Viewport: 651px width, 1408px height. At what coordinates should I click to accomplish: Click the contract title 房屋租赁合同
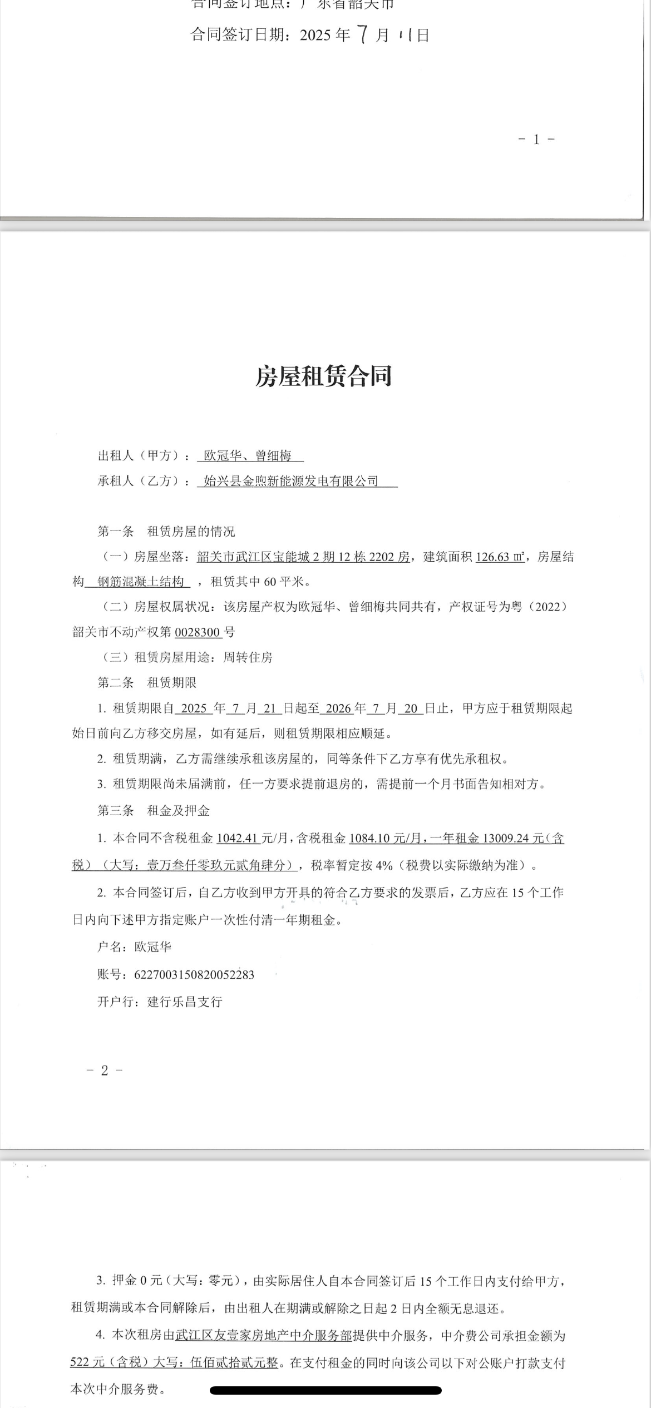(324, 376)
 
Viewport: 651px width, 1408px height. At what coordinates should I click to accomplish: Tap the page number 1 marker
(536, 140)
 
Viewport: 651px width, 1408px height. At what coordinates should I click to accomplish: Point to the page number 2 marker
(105, 1070)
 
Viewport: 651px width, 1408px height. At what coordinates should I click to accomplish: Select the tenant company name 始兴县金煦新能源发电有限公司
(291, 481)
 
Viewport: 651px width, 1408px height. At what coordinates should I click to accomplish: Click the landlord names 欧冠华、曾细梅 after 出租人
(248, 456)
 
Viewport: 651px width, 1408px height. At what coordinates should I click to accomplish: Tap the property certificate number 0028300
(198, 632)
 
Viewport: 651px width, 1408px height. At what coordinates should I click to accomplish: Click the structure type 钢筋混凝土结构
(141, 582)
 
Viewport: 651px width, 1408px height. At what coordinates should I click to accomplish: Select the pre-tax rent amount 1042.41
(238, 838)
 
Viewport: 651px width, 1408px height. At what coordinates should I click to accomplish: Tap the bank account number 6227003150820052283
(194, 974)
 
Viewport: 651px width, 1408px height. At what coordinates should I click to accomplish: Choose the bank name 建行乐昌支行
(185, 1002)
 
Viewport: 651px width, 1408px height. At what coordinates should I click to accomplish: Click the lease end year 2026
(338, 708)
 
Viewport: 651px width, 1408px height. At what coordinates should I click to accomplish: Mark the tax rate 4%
(384, 865)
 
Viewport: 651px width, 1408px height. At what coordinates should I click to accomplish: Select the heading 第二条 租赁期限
(147, 683)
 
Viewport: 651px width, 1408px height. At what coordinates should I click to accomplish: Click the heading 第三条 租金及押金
(154, 811)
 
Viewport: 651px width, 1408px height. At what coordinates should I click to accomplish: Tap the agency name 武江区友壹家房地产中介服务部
(264, 1335)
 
